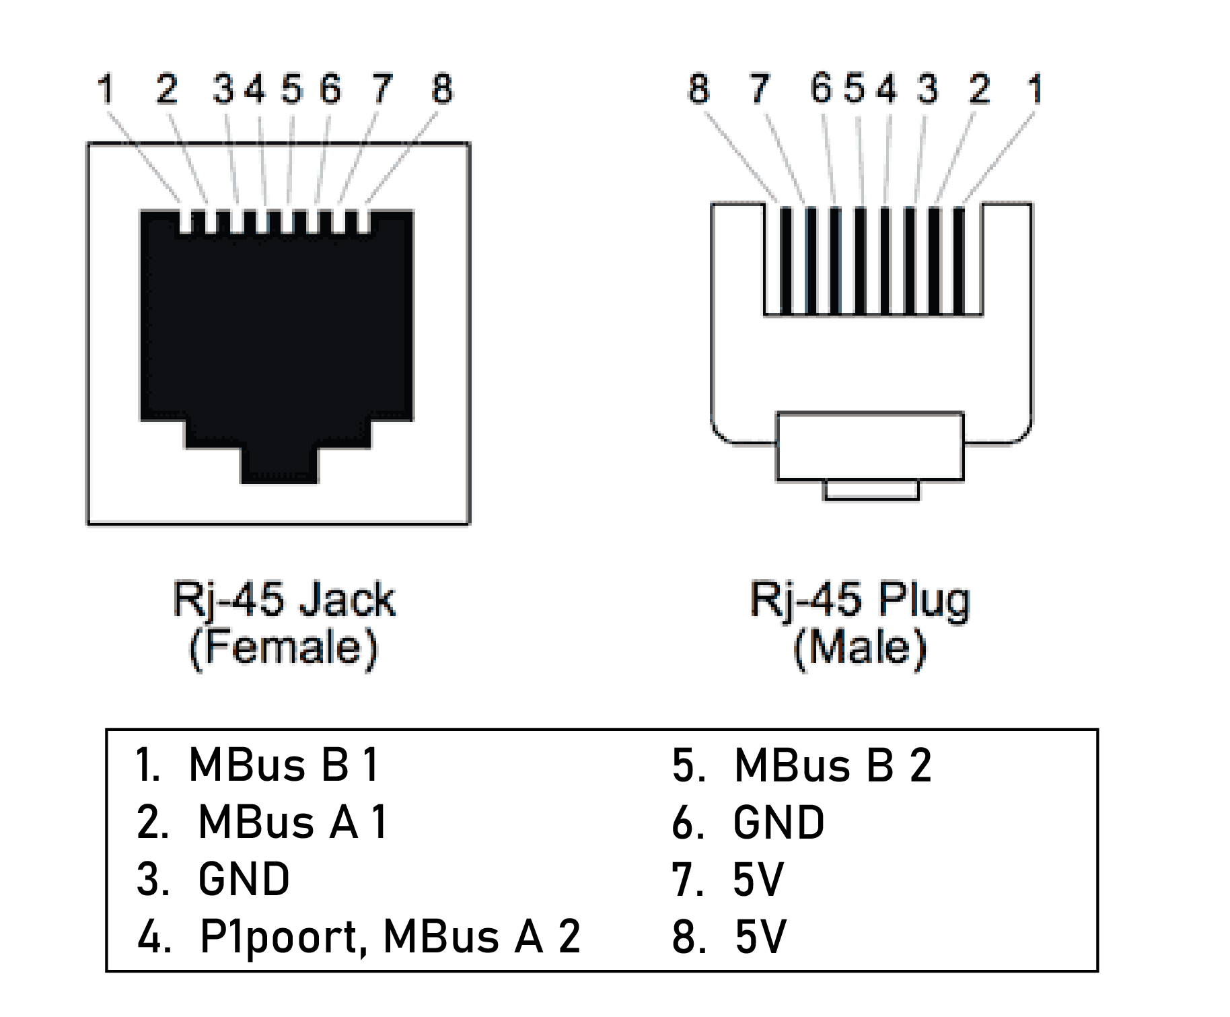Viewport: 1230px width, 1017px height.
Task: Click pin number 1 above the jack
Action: [105, 89]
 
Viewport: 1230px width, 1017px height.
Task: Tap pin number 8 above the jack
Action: [442, 89]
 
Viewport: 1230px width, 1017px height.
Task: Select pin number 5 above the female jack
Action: [292, 89]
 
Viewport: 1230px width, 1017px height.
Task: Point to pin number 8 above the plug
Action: [698, 89]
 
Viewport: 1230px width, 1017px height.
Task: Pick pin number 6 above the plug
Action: [821, 89]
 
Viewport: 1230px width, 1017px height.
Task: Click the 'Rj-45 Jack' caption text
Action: [284, 601]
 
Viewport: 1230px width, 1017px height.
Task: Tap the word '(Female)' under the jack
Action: [283, 648]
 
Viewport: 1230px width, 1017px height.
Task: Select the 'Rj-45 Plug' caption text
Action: [860, 601]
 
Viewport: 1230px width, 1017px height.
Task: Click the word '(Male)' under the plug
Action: [860, 648]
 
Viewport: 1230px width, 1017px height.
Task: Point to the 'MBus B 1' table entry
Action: [284, 765]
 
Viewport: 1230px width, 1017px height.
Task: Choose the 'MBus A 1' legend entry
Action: [293, 822]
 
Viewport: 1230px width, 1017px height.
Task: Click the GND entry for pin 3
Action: [244, 879]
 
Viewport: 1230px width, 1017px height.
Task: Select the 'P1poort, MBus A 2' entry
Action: [390, 937]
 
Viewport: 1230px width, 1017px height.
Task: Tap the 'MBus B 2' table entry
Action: [833, 765]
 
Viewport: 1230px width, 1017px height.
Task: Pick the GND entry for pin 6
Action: [779, 822]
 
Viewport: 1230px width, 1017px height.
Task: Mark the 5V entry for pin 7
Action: [758, 879]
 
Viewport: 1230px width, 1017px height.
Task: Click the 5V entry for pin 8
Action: [760, 937]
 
